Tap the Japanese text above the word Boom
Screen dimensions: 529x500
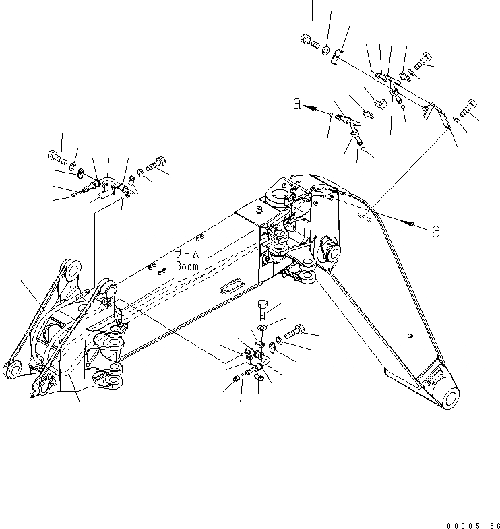[187, 254]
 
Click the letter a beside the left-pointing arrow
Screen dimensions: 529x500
[296, 104]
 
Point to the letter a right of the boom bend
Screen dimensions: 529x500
[436, 231]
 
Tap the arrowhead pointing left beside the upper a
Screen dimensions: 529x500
[309, 106]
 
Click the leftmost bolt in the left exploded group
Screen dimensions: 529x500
[57, 160]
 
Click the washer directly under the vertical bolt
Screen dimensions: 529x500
[262, 328]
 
